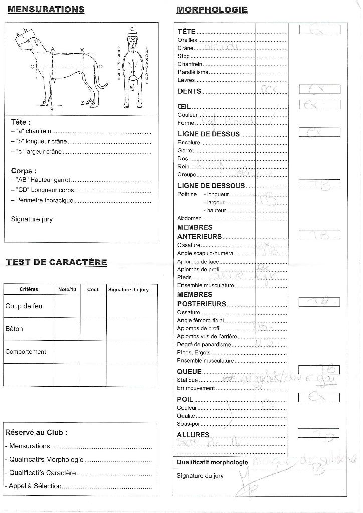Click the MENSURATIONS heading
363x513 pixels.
[46, 10]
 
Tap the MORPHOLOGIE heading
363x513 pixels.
[212, 10]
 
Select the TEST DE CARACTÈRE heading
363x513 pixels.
[56, 262]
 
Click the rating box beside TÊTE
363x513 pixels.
[319, 29]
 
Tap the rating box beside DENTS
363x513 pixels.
[319, 90]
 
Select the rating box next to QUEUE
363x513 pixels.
[319, 370]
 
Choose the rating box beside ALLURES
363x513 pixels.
[318, 433]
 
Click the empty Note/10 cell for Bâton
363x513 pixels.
[67, 329]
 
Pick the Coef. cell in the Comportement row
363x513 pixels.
[93, 352]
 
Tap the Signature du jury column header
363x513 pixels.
[128, 290]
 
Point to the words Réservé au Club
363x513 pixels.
[36, 432]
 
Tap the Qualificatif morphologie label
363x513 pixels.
[212, 462]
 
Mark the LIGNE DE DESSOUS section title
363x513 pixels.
[211, 186]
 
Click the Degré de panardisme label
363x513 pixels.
[204, 344]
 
